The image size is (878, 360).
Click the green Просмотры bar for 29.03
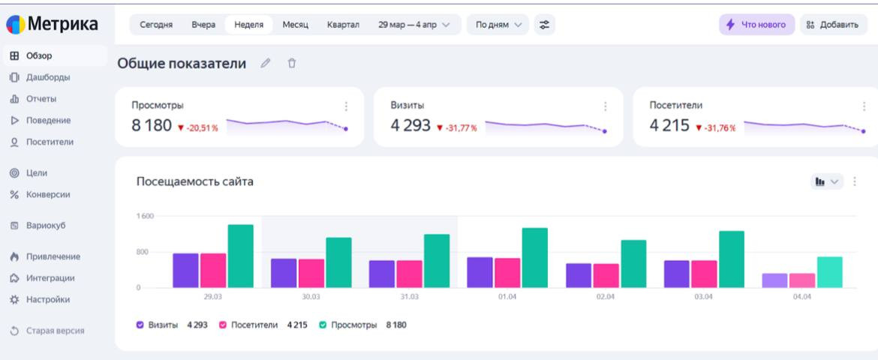click(240, 256)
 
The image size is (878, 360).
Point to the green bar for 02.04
click(633, 264)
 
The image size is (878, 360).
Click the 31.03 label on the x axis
click(409, 297)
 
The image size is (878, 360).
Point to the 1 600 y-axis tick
click(145, 216)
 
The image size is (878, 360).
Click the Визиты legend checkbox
click(140, 325)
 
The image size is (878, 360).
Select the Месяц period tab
click(295, 25)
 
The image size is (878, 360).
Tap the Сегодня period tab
click(156, 25)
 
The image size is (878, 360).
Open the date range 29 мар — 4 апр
click(414, 25)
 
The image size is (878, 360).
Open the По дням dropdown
click(498, 25)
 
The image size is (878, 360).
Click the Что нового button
click(756, 25)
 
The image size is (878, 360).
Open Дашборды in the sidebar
click(48, 77)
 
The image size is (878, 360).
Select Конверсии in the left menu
click(48, 194)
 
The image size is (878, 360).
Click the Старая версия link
click(55, 331)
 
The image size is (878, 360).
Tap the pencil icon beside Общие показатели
click(265, 64)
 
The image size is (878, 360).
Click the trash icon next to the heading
click(292, 64)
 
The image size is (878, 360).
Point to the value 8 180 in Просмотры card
click(152, 126)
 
